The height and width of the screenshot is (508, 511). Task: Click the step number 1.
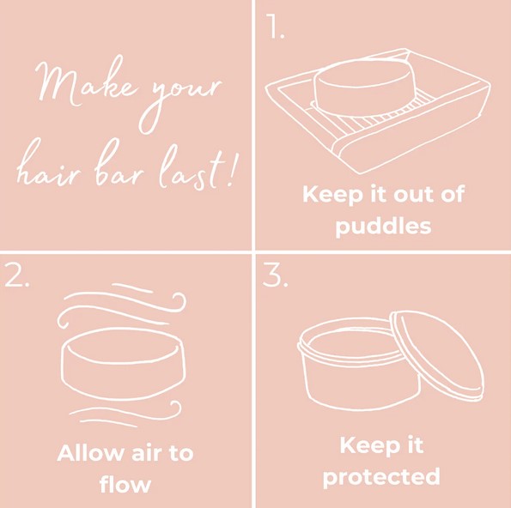(276, 29)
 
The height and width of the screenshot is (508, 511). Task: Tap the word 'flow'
(125, 485)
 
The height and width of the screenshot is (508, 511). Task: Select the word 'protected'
(381, 477)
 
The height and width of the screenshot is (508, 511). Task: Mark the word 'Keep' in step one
(332, 195)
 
